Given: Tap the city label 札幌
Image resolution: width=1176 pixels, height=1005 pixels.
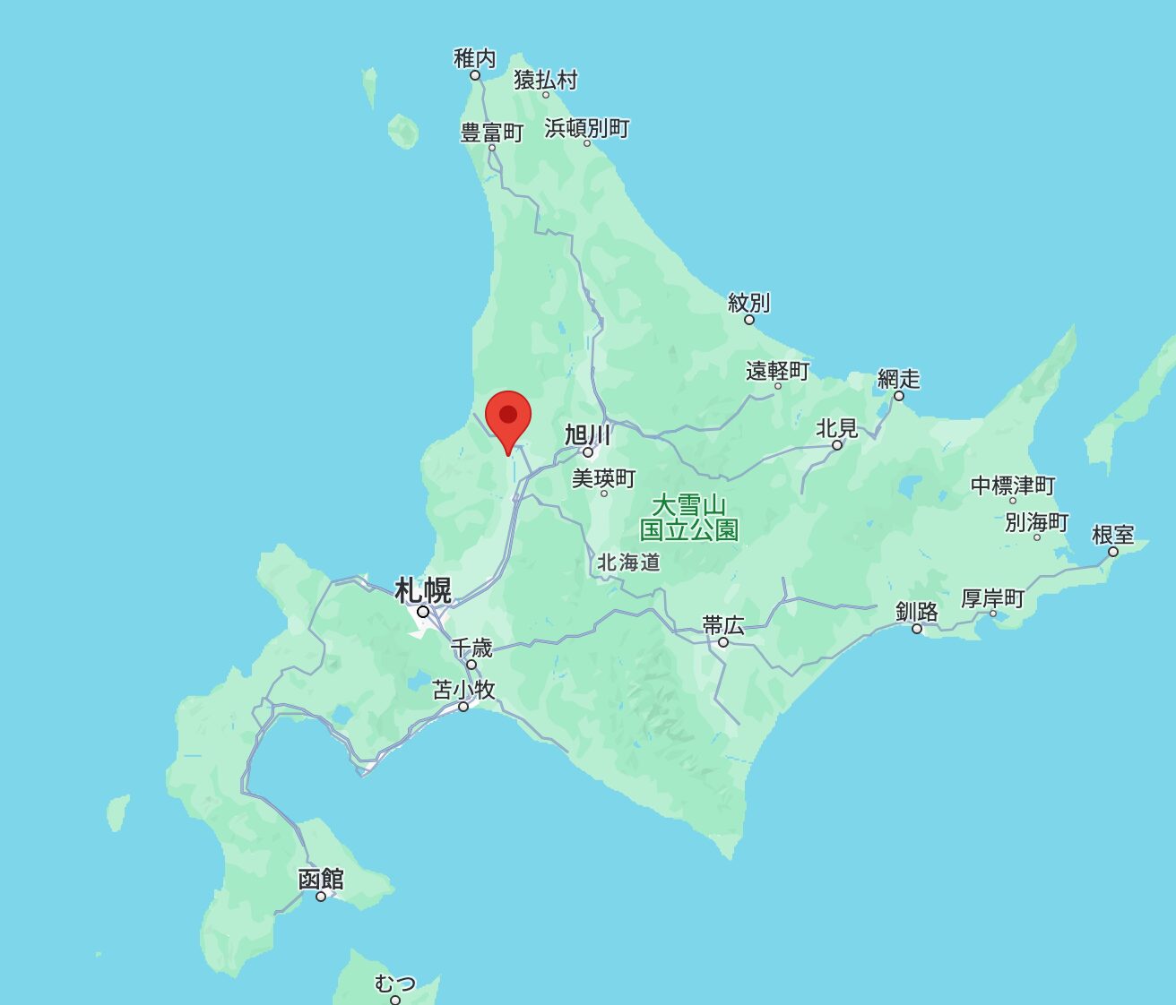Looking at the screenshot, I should pyautogui.click(x=423, y=591).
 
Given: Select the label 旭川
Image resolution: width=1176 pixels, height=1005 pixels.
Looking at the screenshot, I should pyautogui.click(x=588, y=435).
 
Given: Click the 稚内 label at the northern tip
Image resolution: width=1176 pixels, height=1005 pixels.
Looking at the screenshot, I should pyautogui.click(x=475, y=59).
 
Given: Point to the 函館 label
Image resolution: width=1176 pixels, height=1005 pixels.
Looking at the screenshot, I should pyautogui.click(x=321, y=879).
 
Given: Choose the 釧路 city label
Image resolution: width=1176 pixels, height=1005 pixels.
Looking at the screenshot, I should pyautogui.click(x=917, y=612).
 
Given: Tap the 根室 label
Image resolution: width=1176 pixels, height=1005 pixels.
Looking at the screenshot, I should pyautogui.click(x=1113, y=535).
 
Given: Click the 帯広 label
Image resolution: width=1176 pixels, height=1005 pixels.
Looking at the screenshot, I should pyautogui.click(x=723, y=625).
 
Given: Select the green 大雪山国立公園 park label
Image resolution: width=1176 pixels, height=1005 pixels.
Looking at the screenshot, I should pyautogui.click(x=689, y=517).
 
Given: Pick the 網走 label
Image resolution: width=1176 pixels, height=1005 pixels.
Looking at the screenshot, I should pyautogui.click(x=899, y=379).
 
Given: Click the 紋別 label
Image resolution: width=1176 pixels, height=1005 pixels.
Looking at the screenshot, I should pyautogui.click(x=748, y=303).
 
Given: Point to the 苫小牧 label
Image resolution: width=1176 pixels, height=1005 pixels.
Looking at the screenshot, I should pyautogui.click(x=463, y=690).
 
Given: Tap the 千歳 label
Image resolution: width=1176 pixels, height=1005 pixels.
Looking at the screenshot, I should pyautogui.click(x=471, y=648).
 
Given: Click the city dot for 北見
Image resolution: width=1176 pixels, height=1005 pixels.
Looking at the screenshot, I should pyautogui.click(x=837, y=445).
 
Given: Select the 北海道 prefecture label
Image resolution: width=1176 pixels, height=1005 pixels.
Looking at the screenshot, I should pyautogui.click(x=629, y=563).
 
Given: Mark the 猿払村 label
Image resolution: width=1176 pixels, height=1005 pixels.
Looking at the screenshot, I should pyautogui.click(x=545, y=80).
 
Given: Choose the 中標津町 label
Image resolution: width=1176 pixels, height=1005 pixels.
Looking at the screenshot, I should pyautogui.click(x=1013, y=485).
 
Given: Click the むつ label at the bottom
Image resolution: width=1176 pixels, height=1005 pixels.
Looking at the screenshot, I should pyautogui.click(x=395, y=984).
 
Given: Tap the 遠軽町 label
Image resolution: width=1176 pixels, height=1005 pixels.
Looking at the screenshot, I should pyautogui.click(x=777, y=370).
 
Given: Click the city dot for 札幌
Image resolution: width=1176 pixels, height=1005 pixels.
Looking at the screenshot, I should pyautogui.click(x=423, y=612).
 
